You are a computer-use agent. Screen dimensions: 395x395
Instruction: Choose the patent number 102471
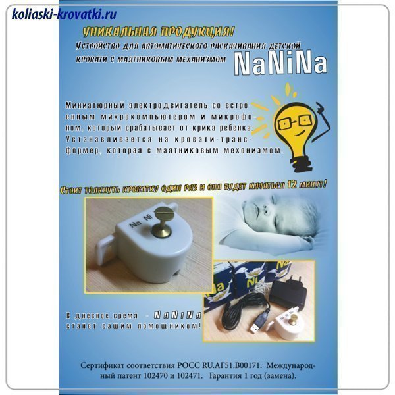click(191, 376)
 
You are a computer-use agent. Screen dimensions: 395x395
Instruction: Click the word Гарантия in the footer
click(226, 376)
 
